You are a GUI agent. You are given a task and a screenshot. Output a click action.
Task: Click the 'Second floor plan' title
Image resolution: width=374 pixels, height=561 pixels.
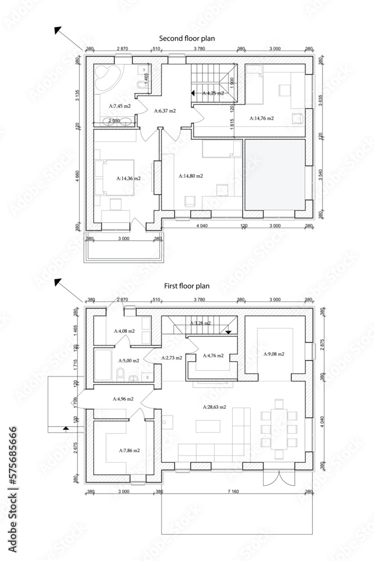pos(187,38)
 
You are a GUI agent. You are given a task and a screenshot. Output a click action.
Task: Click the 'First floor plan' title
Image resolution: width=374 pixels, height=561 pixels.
pos(187,286)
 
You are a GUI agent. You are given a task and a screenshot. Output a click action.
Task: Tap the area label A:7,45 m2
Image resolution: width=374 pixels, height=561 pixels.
pos(119,105)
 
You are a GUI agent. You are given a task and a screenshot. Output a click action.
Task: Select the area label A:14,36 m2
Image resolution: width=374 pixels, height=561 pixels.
pos(128,178)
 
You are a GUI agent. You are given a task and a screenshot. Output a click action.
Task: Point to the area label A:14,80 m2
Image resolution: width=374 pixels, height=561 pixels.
pos(191,176)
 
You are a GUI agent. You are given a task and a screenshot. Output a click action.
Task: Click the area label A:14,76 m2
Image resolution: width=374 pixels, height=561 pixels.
pos(262,118)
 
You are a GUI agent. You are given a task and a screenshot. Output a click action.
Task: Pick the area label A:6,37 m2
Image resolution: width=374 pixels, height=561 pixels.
pos(165,111)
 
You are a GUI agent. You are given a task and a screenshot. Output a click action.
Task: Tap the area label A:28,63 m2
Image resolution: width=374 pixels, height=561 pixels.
pos(214,407)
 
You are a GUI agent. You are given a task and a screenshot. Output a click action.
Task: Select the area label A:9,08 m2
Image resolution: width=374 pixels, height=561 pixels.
pos(274,354)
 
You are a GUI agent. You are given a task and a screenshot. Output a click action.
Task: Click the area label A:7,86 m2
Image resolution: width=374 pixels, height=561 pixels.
pos(129,450)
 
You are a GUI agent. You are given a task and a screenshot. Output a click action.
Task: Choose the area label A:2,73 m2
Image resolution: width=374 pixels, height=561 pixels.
pos(171,357)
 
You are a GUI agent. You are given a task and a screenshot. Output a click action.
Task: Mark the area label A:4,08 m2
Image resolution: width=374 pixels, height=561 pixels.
pos(124,332)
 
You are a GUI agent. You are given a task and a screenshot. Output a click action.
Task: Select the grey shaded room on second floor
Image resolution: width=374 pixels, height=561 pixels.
pos(274,175)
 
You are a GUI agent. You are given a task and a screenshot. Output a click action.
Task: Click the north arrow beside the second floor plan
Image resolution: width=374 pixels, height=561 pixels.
pos(58,31)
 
